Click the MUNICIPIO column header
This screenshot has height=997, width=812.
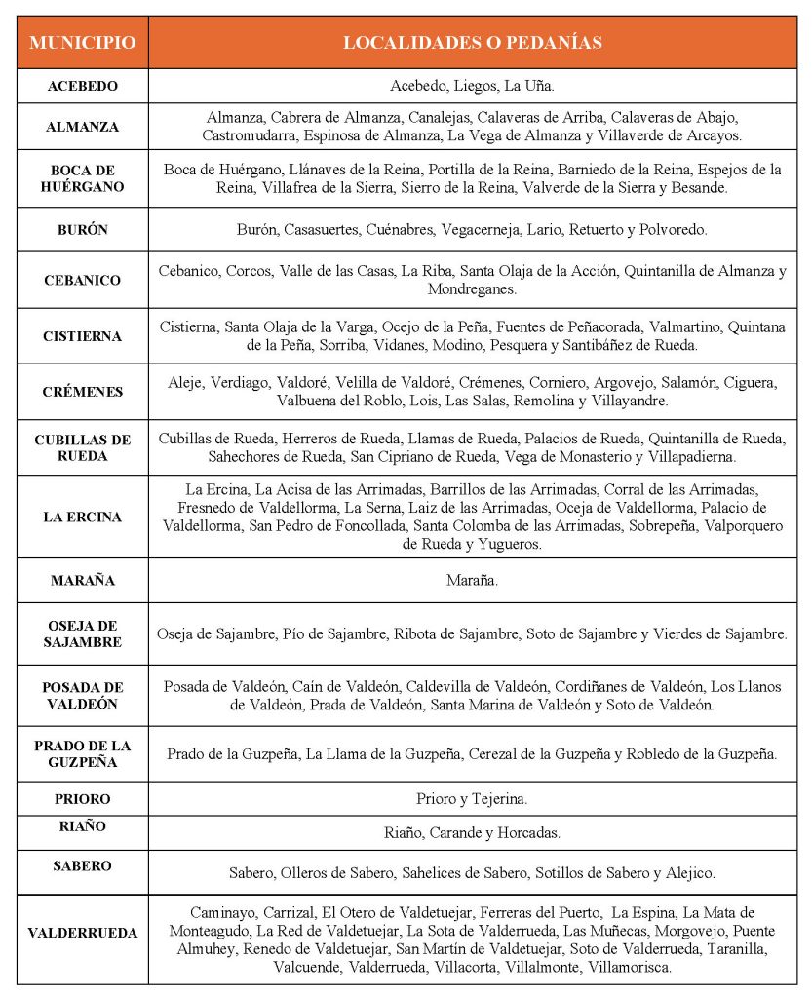[x=82, y=43]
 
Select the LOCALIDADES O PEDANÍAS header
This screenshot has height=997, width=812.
[x=472, y=43]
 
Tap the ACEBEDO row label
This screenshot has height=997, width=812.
[x=82, y=86]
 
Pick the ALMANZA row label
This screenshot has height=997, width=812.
[x=82, y=127]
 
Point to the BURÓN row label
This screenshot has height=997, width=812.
[x=82, y=230]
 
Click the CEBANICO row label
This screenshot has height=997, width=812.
[x=82, y=280]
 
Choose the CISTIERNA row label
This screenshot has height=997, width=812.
[x=82, y=336]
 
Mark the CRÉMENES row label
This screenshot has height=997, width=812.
[x=82, y=392]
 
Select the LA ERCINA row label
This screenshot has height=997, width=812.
[x=82, y=517]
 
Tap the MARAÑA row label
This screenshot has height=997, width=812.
[x=82, y=581]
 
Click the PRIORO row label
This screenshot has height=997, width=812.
[x=82, y=799]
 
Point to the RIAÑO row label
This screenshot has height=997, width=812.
[x=82, y=826]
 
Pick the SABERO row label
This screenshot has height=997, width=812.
[x=82, y=865]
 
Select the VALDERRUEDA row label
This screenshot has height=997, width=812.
[x=82, y=933]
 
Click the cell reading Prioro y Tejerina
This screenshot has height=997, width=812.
[x=472, y=799]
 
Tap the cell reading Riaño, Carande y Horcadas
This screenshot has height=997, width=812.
[x=472, y=833]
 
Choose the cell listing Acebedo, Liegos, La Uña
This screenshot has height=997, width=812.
[x=472, y=86]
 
